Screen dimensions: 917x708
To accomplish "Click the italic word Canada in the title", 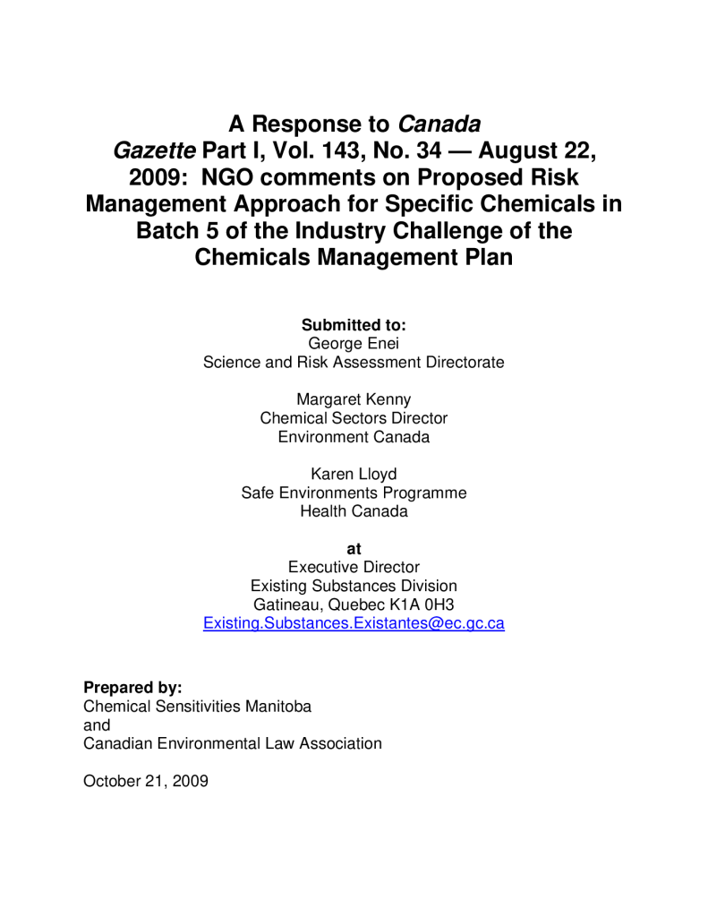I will [439, 123].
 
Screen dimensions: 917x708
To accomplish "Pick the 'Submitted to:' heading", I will [354, 324].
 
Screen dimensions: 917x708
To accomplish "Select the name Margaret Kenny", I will [354, 399].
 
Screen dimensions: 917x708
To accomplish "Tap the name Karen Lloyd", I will [354, 474].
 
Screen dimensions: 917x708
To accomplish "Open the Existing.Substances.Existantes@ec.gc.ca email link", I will [354, 623].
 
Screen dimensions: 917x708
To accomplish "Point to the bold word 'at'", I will [354, 548].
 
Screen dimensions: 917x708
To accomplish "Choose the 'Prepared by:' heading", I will [132, 687].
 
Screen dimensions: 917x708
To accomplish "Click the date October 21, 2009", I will [146, 781].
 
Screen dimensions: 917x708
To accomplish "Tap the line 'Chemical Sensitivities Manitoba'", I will [197, 706].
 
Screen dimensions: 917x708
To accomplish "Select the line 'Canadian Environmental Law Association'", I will [232, 743].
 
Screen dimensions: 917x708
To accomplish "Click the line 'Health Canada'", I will [354, 511].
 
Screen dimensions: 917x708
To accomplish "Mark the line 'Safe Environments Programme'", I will [354, 493].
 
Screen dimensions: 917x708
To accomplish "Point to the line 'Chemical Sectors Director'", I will [354, 418].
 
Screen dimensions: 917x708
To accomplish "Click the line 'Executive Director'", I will [354, 567].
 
